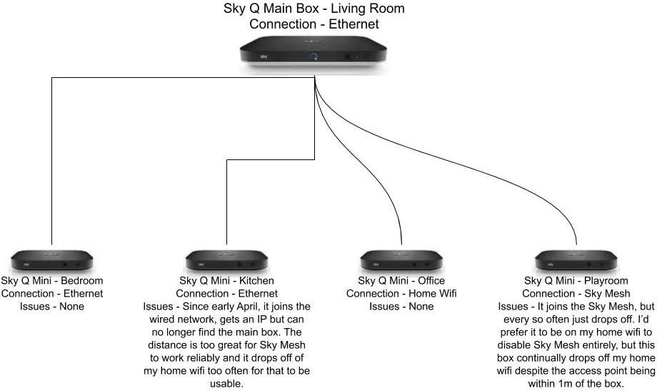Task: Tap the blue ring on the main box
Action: click(x=313, y=56)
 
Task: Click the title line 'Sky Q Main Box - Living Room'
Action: click(x=314, y=9)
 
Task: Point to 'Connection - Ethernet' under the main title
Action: click(x=314, y=24)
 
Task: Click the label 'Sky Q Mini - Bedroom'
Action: click(x=52, y=281)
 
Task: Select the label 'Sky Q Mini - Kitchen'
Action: click(x=226, y=281)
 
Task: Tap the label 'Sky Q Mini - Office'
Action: click(x=401, y=281)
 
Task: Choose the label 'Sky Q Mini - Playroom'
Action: click(x=576, y=281)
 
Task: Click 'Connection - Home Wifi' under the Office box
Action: click(x=401, y=294)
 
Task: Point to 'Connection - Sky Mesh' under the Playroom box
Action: click(x=576, y=294)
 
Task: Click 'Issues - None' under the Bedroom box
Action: click(x=52, y=307)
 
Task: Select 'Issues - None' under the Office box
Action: click(x=401, y=307)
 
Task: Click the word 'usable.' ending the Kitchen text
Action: click(x=226, y=384)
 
